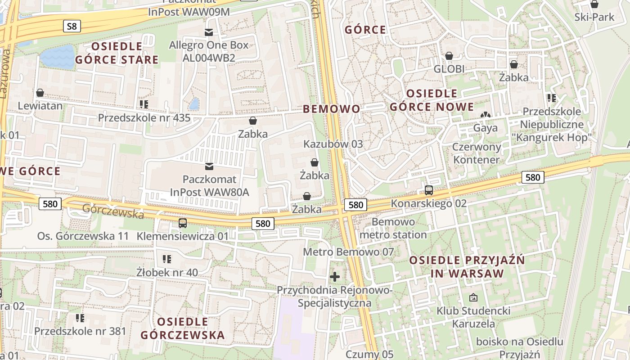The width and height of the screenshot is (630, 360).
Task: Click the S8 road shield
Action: pos(72,26)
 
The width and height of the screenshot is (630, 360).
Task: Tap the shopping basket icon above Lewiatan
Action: pos(40,93)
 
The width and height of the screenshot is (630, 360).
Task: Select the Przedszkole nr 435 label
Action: pos(144,118)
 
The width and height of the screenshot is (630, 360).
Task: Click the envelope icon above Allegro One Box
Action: pos(209,32)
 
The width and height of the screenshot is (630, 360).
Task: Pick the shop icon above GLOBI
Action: pos(449,56)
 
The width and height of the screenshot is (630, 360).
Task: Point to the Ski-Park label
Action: pos(594,17)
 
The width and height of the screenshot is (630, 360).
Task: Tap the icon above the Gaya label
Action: pos(485,115)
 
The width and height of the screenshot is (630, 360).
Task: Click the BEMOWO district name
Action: pos(332,109)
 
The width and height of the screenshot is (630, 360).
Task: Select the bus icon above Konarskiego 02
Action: pos(428,190)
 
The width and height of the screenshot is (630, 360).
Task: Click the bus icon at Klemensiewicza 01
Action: pos(182,223)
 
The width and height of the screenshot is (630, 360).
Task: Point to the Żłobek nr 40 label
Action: pos(167,272)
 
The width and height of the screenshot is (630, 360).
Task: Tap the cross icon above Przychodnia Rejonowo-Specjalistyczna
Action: pos(335,276)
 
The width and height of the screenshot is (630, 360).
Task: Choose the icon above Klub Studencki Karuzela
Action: pos(473,297)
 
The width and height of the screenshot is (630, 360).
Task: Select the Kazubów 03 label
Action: pos(333,144)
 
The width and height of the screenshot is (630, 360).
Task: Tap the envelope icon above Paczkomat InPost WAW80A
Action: pos(209,166)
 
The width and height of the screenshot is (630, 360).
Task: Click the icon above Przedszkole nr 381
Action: pos(80,318)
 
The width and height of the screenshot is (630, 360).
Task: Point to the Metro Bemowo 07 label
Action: pos(348,252)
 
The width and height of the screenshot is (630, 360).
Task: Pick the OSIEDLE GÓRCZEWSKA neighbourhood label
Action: pos(182,328)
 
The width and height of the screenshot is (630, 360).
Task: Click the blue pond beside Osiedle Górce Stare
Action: pos(57,57)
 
